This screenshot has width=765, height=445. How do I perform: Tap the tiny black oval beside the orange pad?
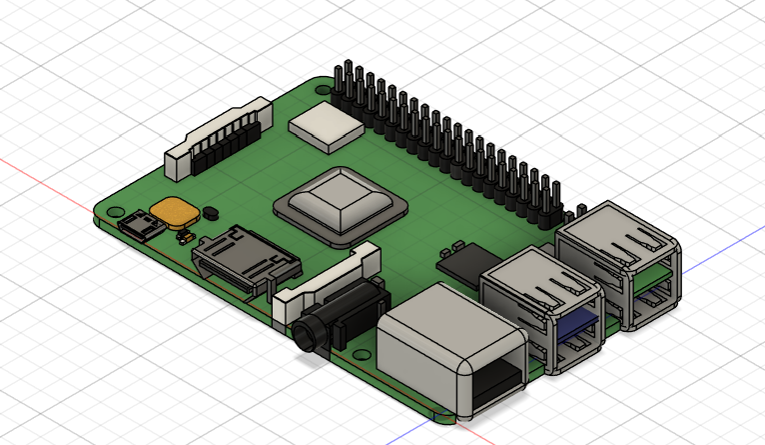point(211,212)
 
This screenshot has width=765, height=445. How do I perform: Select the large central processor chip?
point(340,205)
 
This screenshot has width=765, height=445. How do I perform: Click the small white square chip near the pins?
point(326,127)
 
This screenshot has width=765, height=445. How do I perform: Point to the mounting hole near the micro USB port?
point(106,212)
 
